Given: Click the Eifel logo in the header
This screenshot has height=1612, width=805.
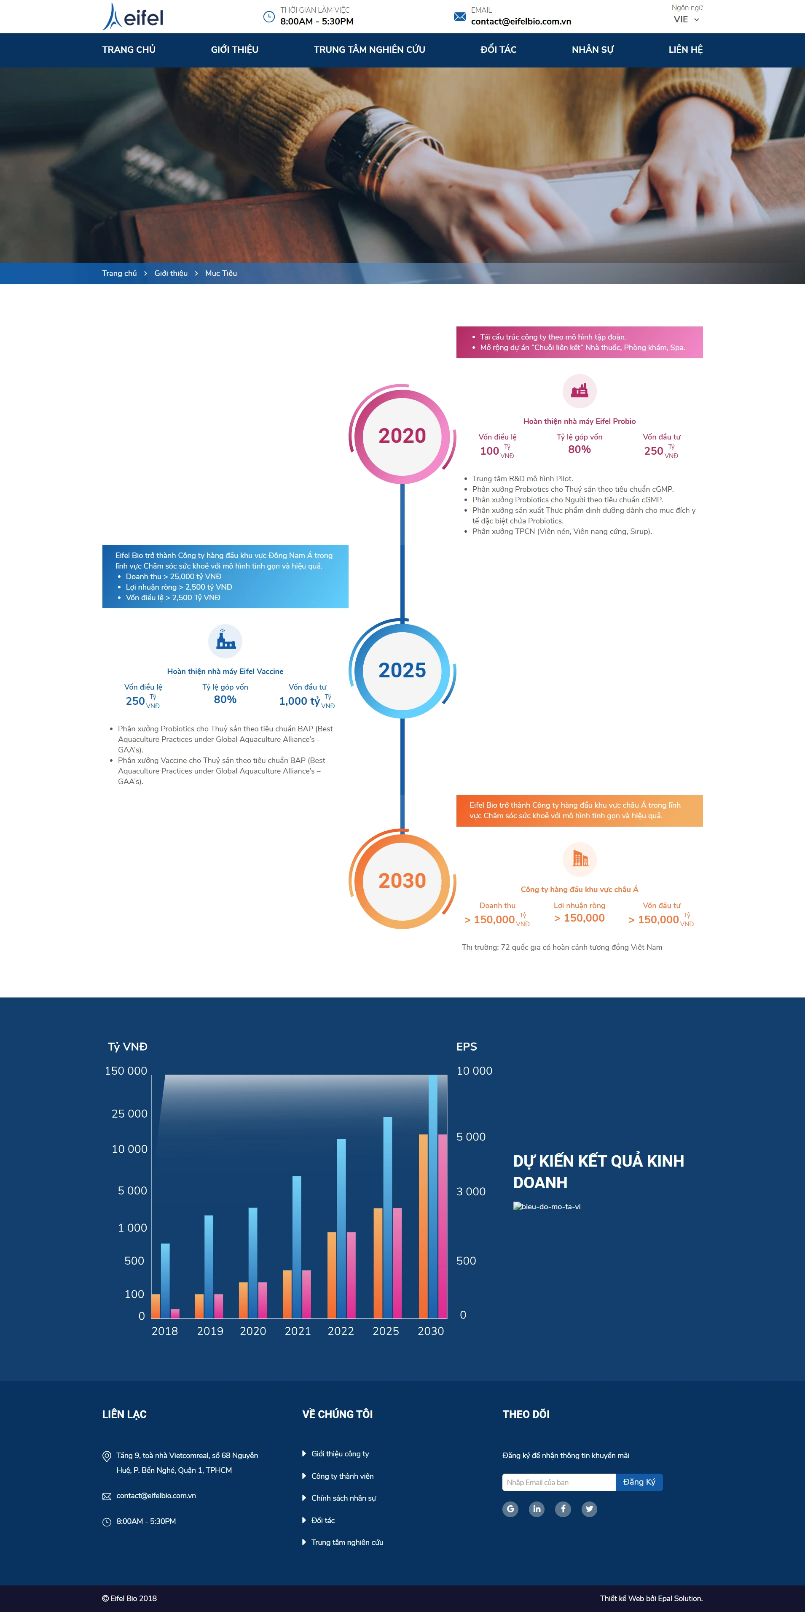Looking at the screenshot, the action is pos(133,17).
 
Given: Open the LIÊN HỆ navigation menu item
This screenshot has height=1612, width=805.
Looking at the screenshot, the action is pos(686,49).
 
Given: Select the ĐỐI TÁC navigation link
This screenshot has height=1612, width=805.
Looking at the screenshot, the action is pos(499,49).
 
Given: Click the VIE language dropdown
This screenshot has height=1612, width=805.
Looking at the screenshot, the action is pos(686,19).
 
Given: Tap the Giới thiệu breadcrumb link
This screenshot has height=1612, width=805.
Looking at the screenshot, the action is pos(171,273).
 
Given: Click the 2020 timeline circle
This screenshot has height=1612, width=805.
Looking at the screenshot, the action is pos(402,435).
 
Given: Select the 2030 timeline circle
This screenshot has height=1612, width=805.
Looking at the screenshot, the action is pos(402,880).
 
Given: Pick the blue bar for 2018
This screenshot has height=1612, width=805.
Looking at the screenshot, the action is pos(165,1280).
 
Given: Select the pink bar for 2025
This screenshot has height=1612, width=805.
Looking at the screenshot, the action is pos(397,1263).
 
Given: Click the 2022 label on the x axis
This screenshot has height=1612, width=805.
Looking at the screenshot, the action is pos(341,1331).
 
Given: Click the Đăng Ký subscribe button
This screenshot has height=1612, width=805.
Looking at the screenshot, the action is pos(639,1482).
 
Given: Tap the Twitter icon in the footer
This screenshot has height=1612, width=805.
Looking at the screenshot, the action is pos(589,1509).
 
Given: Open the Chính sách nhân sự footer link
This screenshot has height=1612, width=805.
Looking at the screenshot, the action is pos(343,1498).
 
